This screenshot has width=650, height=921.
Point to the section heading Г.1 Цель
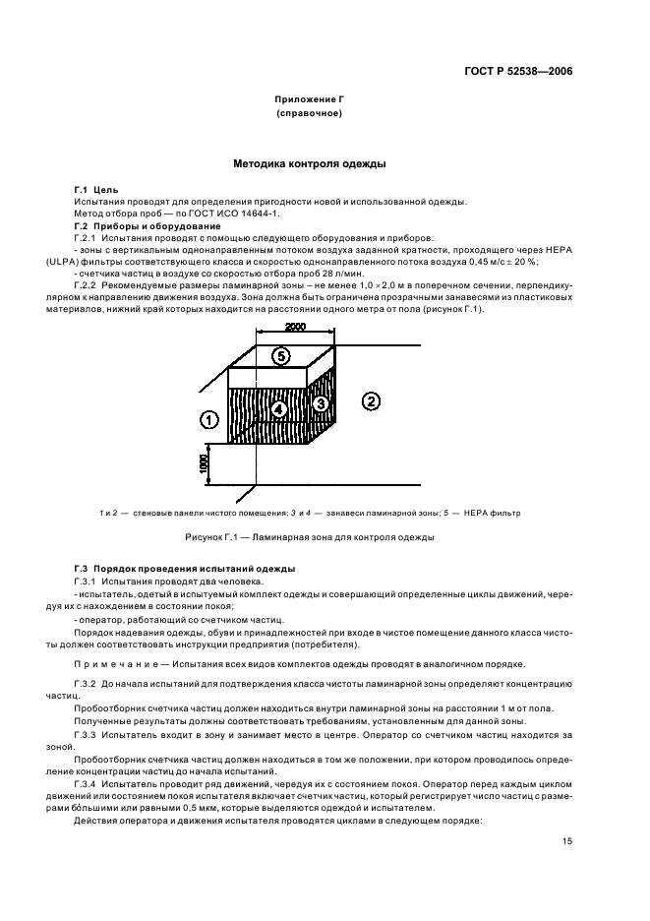[95, 189]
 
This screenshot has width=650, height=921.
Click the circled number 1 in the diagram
[207, 419]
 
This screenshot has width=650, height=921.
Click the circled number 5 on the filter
[279, 356]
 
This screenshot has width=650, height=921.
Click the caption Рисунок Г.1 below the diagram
[213, 538]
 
